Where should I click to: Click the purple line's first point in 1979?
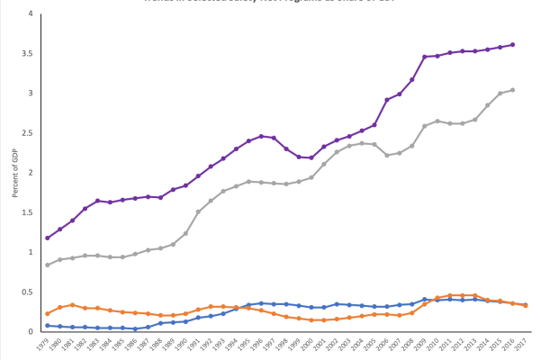[47, 238]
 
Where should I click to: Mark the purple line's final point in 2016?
[513, 44]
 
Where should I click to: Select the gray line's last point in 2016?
[513, 90]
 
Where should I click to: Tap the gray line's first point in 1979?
[47, 265]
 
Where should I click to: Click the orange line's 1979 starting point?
[47, 313]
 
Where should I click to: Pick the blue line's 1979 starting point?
[47, 325]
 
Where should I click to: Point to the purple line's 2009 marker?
[425, 57]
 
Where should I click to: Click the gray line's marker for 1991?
[198, 211]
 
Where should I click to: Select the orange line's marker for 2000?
[311, 320]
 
